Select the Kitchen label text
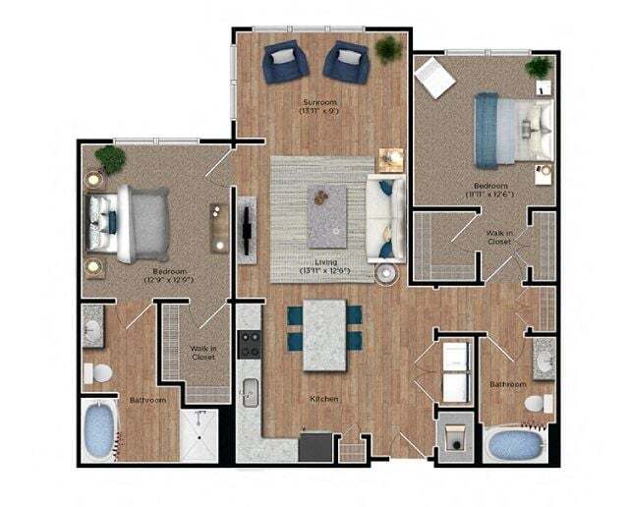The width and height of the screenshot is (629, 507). tap(324, 399)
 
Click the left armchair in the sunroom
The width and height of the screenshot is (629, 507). tap(286, 62)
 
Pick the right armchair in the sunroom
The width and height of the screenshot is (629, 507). tap(347, 62)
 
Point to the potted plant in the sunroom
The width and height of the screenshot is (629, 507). tap(389, 47)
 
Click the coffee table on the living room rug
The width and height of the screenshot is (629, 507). tap(325, 214)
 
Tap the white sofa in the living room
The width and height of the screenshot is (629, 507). tap(384, 219)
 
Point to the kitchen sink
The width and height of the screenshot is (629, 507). tap(251, 391)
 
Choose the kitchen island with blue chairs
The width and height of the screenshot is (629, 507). tap(324, 335)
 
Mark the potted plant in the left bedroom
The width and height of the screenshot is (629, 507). tap(107, 160)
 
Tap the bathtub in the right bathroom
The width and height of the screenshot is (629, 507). tap(514, 444)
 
